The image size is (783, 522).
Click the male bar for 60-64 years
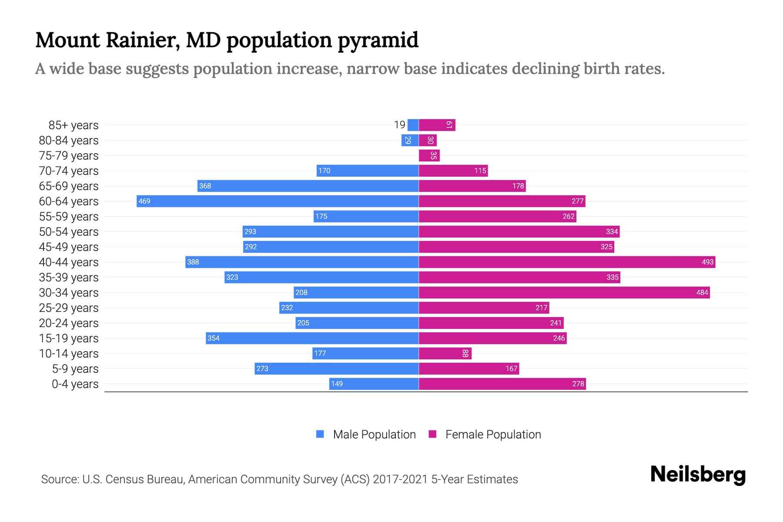pos(278,201)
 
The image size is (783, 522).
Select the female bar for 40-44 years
pos(567,262)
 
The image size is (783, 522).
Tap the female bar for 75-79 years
pos(429,155)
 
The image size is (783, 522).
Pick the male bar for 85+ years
pos(413,125)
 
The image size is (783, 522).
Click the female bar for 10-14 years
pos(445,353)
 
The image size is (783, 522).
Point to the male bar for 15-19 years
pos(312,338)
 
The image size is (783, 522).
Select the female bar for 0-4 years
pos(502,384)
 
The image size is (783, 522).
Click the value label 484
pos(702,292)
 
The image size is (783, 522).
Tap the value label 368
pos(205,186)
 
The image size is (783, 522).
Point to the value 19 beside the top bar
pos(399,125)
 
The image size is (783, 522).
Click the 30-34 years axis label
pos(69,292)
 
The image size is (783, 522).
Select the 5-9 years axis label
pos(75,368)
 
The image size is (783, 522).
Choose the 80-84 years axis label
pos(69,140)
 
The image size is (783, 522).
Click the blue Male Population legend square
pos(320,434)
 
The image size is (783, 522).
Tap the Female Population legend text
pos(493,434)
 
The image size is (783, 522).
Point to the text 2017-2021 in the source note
pos(400,479)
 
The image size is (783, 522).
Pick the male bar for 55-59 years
pos(366,216)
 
